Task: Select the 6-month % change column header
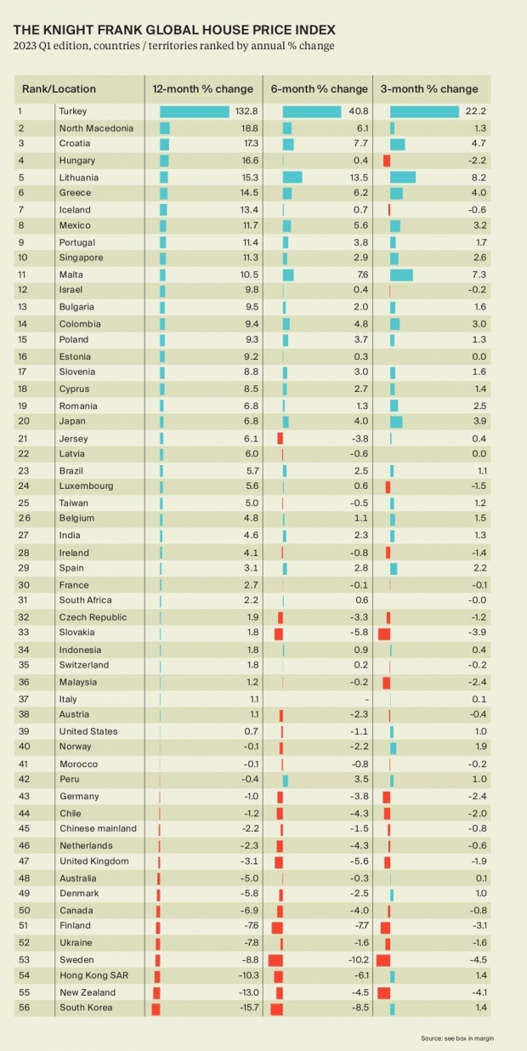coord(320,88)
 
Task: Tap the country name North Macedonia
coord(96,128)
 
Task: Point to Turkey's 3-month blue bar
coord(424,111)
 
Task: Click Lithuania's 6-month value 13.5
coord(359,177)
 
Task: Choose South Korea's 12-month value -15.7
coord(246,1008)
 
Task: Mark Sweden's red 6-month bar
coord(275,959)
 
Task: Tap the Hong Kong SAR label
coord(93,975)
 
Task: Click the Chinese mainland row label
coord(97,828)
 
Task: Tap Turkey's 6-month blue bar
coord(312,111)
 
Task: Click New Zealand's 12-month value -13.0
coord(246,991)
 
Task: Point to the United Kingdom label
coord(93,861)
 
